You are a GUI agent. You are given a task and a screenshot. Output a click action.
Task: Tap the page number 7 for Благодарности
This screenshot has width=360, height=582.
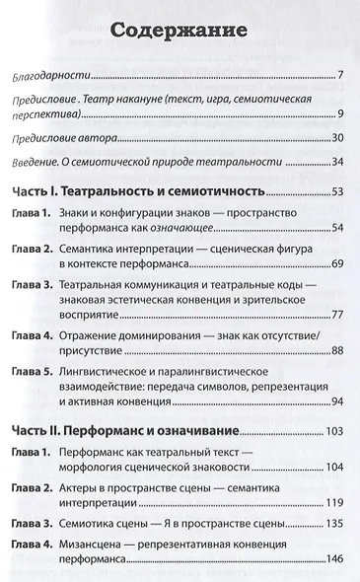338,76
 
